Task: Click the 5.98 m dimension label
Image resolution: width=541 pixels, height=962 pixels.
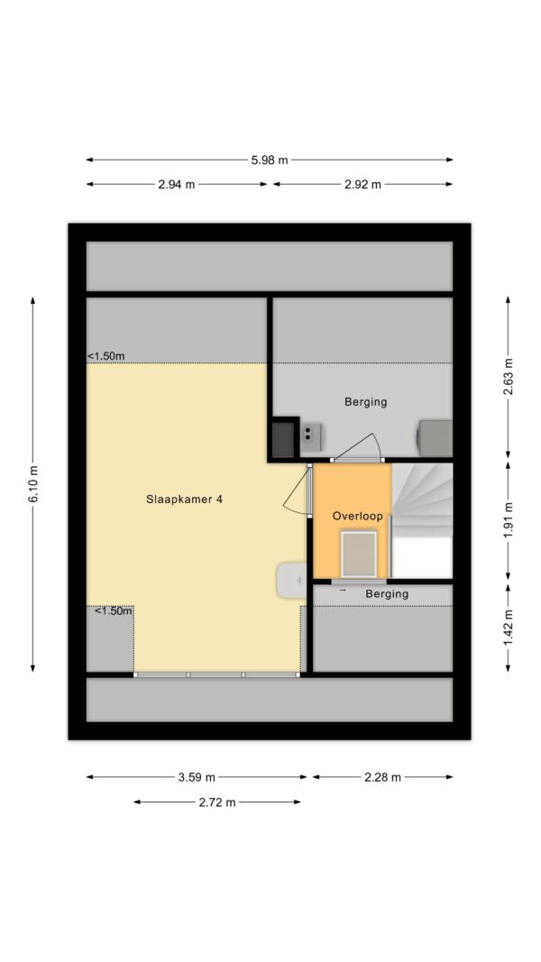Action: [270, 160]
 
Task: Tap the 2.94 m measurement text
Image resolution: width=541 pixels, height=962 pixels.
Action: [176, 184]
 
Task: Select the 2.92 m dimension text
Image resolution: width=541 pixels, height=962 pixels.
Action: [362, 184]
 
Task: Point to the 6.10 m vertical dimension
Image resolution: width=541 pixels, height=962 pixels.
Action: [33, 484]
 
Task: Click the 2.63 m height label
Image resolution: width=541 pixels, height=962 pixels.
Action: [508, 377]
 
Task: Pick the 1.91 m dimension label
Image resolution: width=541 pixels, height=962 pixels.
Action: [508, 521]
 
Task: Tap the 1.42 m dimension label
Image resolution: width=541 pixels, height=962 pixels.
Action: [508, 627]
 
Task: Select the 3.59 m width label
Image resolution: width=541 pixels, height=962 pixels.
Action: [197, 777]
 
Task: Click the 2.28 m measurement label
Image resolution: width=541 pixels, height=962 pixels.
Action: [382, 777]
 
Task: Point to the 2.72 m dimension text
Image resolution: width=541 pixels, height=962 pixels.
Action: [217, 802]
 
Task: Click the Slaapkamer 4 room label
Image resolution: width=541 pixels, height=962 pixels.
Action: [184, 499]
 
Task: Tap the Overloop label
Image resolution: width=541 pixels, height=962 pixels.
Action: [358, 517]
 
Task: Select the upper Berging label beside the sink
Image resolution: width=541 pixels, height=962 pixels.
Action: [365, 402]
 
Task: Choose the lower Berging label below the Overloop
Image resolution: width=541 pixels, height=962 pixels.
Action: [387, 594]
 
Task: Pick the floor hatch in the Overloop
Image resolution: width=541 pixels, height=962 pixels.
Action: [359, 554]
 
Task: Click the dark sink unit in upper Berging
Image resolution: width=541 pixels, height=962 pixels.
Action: [284, 437]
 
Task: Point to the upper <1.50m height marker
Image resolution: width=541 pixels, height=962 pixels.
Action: [106, 356]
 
